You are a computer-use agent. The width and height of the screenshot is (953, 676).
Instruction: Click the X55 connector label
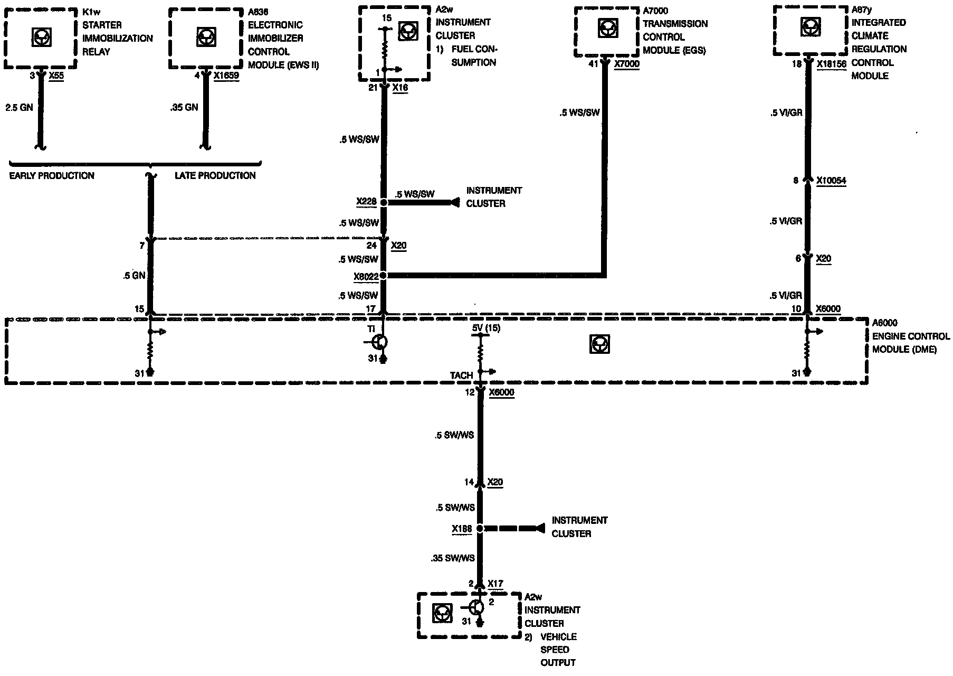tap(56, 76)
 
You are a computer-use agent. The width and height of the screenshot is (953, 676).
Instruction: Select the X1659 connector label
tap(226, 76)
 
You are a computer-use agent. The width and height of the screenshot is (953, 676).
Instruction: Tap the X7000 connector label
tap(626, 64)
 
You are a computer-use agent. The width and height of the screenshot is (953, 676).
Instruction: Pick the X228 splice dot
tap(384, 202)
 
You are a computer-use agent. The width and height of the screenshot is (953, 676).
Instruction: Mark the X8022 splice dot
tap(384, 275)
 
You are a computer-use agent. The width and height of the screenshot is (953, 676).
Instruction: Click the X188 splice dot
tap(480, 528)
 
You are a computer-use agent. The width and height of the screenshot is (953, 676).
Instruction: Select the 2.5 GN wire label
tap(19, 107)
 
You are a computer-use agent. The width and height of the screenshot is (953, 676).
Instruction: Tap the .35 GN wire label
tap(184, 107)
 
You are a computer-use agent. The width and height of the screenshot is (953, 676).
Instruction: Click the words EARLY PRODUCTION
tap(52, 175)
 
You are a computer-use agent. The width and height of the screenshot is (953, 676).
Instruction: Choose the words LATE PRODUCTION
tap(215, 175)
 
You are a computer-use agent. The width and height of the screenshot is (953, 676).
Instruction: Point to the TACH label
tap(461, 375)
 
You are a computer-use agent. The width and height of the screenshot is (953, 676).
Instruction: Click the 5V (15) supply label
tap(486, 328)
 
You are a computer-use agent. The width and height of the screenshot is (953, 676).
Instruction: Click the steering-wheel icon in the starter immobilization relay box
tap(40, 37)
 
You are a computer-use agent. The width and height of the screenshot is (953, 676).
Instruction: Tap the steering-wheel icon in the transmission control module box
tap(608, 28)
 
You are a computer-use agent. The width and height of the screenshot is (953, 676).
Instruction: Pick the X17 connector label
tap(495, 584)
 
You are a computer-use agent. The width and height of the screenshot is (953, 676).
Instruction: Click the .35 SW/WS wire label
tap(453, 558)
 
